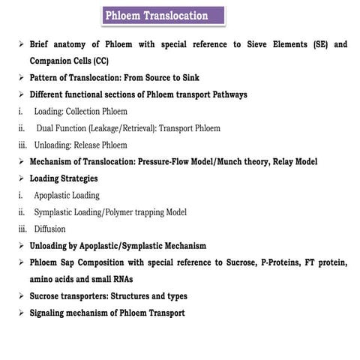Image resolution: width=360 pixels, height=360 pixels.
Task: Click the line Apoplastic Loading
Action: (66, 195)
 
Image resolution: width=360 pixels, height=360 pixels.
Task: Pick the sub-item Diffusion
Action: (49, 229)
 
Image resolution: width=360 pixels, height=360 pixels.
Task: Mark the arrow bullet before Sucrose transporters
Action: (22, 295)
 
